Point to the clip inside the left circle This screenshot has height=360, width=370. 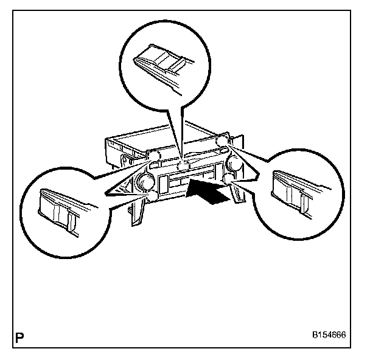pos(57,207)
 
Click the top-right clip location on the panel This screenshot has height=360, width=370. pos(222,142)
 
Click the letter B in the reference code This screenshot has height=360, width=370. pos(315,335)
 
